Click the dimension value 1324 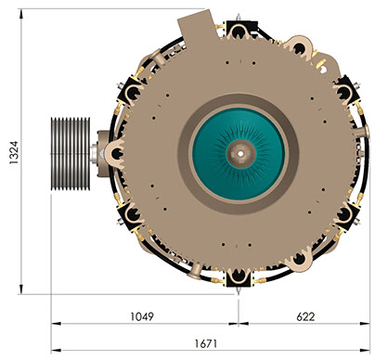(x=14, y=152)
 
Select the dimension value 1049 (x=142, y=316)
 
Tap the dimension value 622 (x=305, y=316)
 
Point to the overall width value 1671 (x=206, y=343)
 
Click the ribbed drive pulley (x=71, y=154)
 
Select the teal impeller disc (x=239, y=154)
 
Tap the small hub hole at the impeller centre (x=240, y=153)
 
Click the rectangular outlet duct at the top (x=197, y=26)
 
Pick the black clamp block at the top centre (x=239, y=30)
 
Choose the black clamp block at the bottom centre (x=238, y=277)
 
